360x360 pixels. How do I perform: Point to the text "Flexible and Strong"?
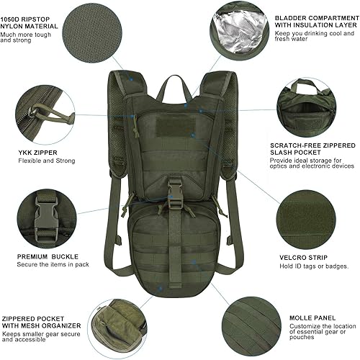pyautogui.click(x=46, y=161)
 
